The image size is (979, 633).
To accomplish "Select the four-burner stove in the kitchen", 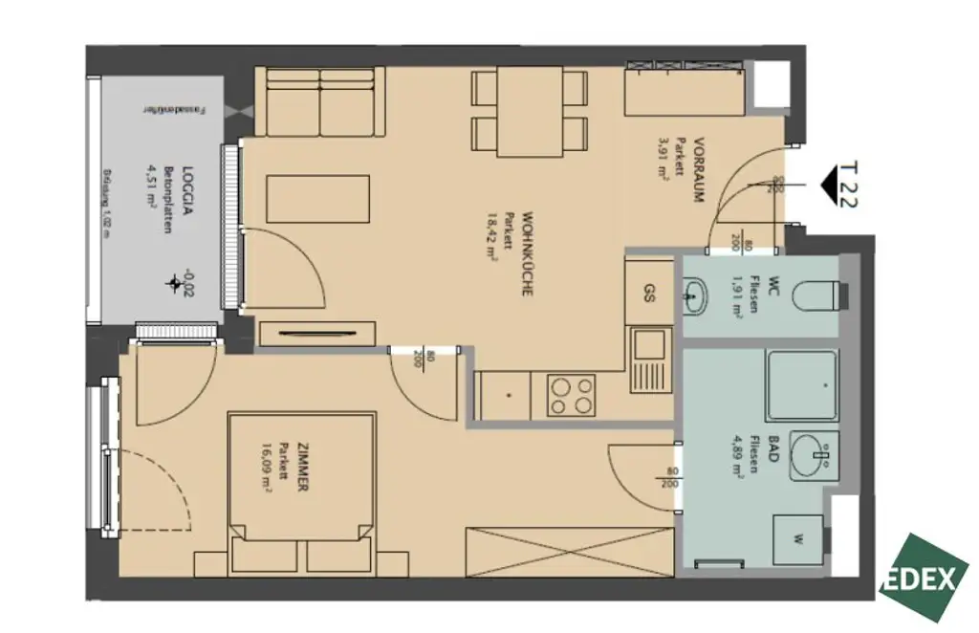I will click(x=571, y=395).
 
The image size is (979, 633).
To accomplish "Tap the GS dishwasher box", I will click(x=649, y=294).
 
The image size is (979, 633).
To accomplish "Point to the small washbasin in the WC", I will click(x=694, y=295).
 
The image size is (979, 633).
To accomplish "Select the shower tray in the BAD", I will click(x=801, y=385).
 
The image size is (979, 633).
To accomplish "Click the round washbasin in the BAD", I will click(x=815, y=457).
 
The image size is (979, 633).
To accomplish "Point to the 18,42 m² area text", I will click(x=493, y=239).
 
